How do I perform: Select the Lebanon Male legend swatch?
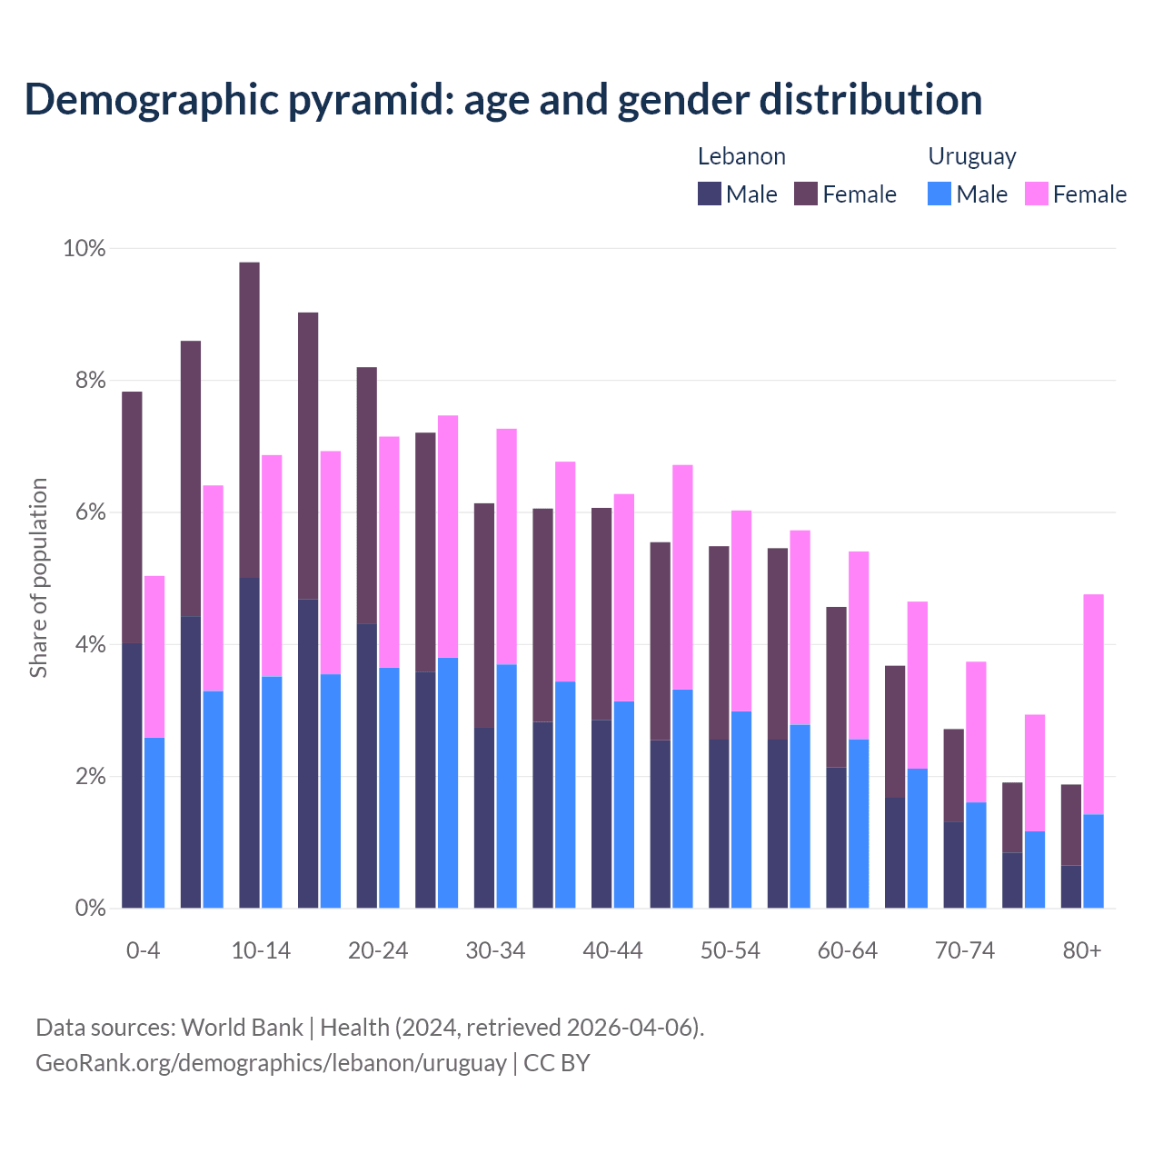pyautogui.click(x=710, y=194)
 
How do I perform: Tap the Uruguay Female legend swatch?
pyautogui.click(x=1036, y=194)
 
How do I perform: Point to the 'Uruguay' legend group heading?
pyautogui.click(x=971, y=156)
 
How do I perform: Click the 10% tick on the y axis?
pyautogui.click(x=84, y=248)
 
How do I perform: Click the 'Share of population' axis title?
pyautogui.click(x=38, y=578)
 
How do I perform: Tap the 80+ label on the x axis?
pyautogui.click(x=1082, y=950)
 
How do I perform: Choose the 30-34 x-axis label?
pyautogui.click(x=495, y=950)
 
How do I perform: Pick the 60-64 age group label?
pyautogui.click(x=848, y=950)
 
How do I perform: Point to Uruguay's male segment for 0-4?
pyautogui.click(x=154, y=823)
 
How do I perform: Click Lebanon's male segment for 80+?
pyautogui.click(x=1071, y=887)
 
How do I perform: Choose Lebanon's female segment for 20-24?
pyautogui.click(x=366, y=495)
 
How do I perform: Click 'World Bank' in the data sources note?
pyautogui.click(x=242, y=1028)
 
